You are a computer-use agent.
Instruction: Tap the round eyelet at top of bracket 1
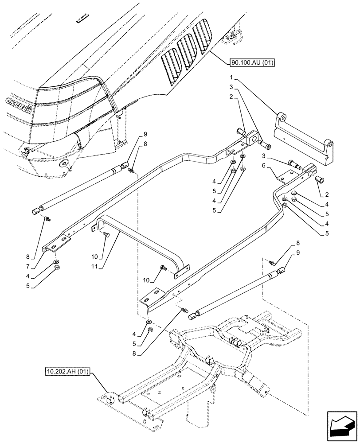[280, 117]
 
